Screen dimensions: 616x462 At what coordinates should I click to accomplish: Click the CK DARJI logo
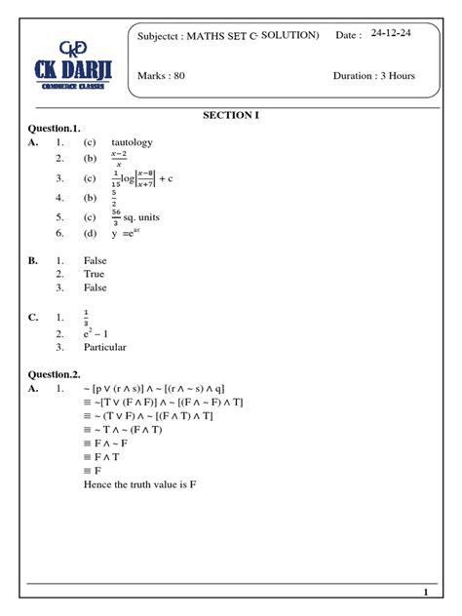[64, 65]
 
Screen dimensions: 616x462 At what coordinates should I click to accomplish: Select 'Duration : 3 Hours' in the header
[375, 75]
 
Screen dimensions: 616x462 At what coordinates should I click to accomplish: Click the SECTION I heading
[231, 115]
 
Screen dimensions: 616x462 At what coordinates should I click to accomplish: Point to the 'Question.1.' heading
[55, 129]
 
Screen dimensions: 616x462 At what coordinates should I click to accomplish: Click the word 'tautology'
[132, 143]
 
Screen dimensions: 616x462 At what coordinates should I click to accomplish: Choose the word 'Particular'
[106, 346]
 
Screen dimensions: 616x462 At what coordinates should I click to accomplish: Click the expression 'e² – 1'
[101, 331]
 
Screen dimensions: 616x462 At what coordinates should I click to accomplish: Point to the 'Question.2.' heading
[55, 373]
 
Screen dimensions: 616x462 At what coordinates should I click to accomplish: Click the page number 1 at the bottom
[426, 593]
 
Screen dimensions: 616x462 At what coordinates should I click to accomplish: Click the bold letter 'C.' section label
[34, 317]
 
